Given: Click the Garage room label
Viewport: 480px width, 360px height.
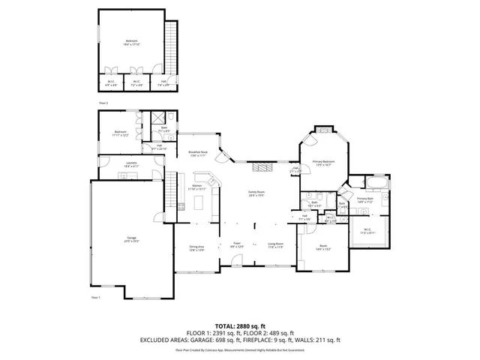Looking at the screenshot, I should click(133, 240).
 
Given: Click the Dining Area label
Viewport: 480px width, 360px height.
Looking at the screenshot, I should click(197, 247).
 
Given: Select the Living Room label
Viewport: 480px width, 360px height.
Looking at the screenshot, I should click(276, 244).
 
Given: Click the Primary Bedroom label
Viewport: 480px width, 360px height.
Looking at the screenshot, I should click(323, 163).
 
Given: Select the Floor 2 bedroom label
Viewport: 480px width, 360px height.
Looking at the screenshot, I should click(132, 43).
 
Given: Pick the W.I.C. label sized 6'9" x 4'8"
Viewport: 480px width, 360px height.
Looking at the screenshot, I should click(110, 83).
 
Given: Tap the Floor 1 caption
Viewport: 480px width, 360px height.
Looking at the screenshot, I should click(95, 298).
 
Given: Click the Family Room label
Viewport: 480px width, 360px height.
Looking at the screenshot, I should click(256, 193).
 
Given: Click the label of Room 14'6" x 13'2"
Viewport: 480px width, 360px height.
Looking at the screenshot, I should click(323, 247).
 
